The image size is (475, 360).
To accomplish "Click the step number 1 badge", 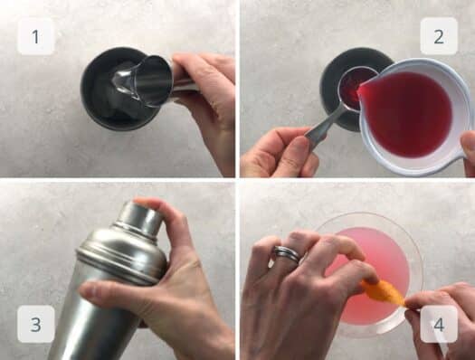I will pyautogui.click(x=36, y=37).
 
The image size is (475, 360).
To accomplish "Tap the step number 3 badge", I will pyautogui.click(x=36, y=323).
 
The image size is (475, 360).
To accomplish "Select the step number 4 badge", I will pyautogui.click(x=438, y=323).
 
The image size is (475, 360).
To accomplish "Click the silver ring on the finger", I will pyautogui.click(x=287, y=255).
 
